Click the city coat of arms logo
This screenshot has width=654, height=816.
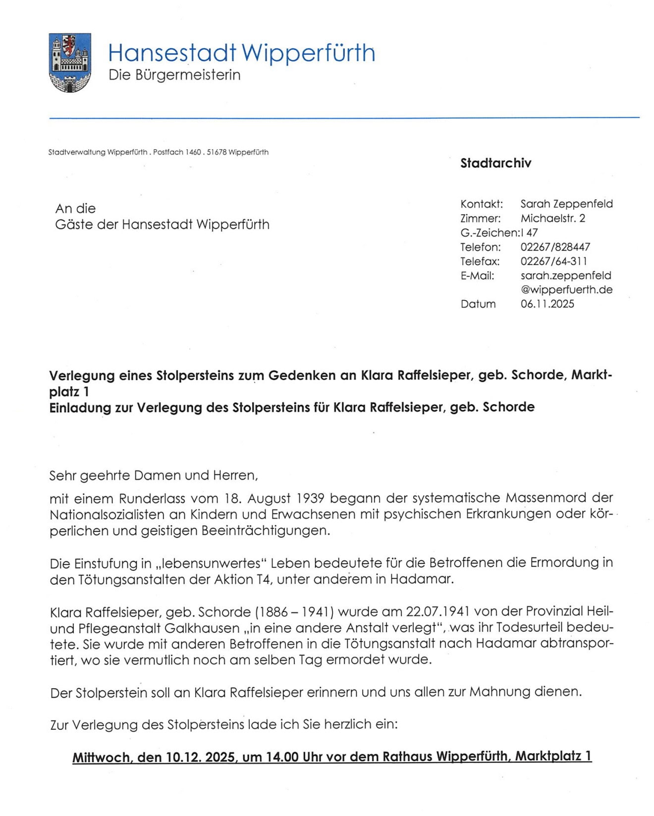(x=70, y=62)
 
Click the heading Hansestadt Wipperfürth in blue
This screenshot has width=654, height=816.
(x=241, y=53)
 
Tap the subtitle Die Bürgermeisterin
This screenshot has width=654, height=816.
(x=174, y=75)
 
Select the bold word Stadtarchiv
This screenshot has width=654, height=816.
(x=495, y=163)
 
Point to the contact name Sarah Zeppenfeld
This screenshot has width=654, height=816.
(x=566, y=204)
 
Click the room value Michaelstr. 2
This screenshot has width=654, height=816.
(x=552, y=218)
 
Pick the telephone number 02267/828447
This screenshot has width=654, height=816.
(x=555, y=247)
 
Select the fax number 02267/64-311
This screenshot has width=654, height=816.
(x=553, y=261)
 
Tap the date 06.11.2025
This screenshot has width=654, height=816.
(x=547, y=304)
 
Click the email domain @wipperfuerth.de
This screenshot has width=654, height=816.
(x=566, y=290)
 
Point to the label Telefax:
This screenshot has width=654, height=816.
(x=480, y=261)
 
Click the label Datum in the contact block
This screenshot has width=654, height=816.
(x=478, y=304)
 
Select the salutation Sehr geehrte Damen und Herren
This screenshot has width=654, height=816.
(x=154, y=476)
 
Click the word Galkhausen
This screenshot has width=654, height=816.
(x=202, y=628)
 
